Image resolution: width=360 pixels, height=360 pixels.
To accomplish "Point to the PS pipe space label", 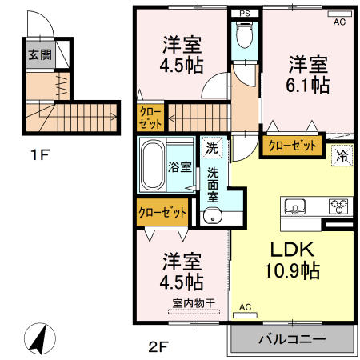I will [245, 14].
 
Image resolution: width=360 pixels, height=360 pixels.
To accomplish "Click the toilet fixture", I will [245, 36].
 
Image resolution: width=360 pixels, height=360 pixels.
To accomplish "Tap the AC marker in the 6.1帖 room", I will [339, 23].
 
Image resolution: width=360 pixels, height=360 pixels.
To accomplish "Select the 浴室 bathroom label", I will [179, 167].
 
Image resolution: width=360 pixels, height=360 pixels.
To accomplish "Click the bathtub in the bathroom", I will [151, 166].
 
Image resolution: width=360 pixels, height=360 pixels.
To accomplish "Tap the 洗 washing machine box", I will [211, 147].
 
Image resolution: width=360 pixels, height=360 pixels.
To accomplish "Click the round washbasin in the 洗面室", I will [211, 214].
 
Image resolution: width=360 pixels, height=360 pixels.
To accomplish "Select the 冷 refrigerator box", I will [342, 155].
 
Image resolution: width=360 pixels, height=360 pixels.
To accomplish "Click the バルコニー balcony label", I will [292, 339].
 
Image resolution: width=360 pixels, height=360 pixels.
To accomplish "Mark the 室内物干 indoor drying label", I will [190, 303].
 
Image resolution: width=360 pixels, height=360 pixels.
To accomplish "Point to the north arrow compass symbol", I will [37, 338].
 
